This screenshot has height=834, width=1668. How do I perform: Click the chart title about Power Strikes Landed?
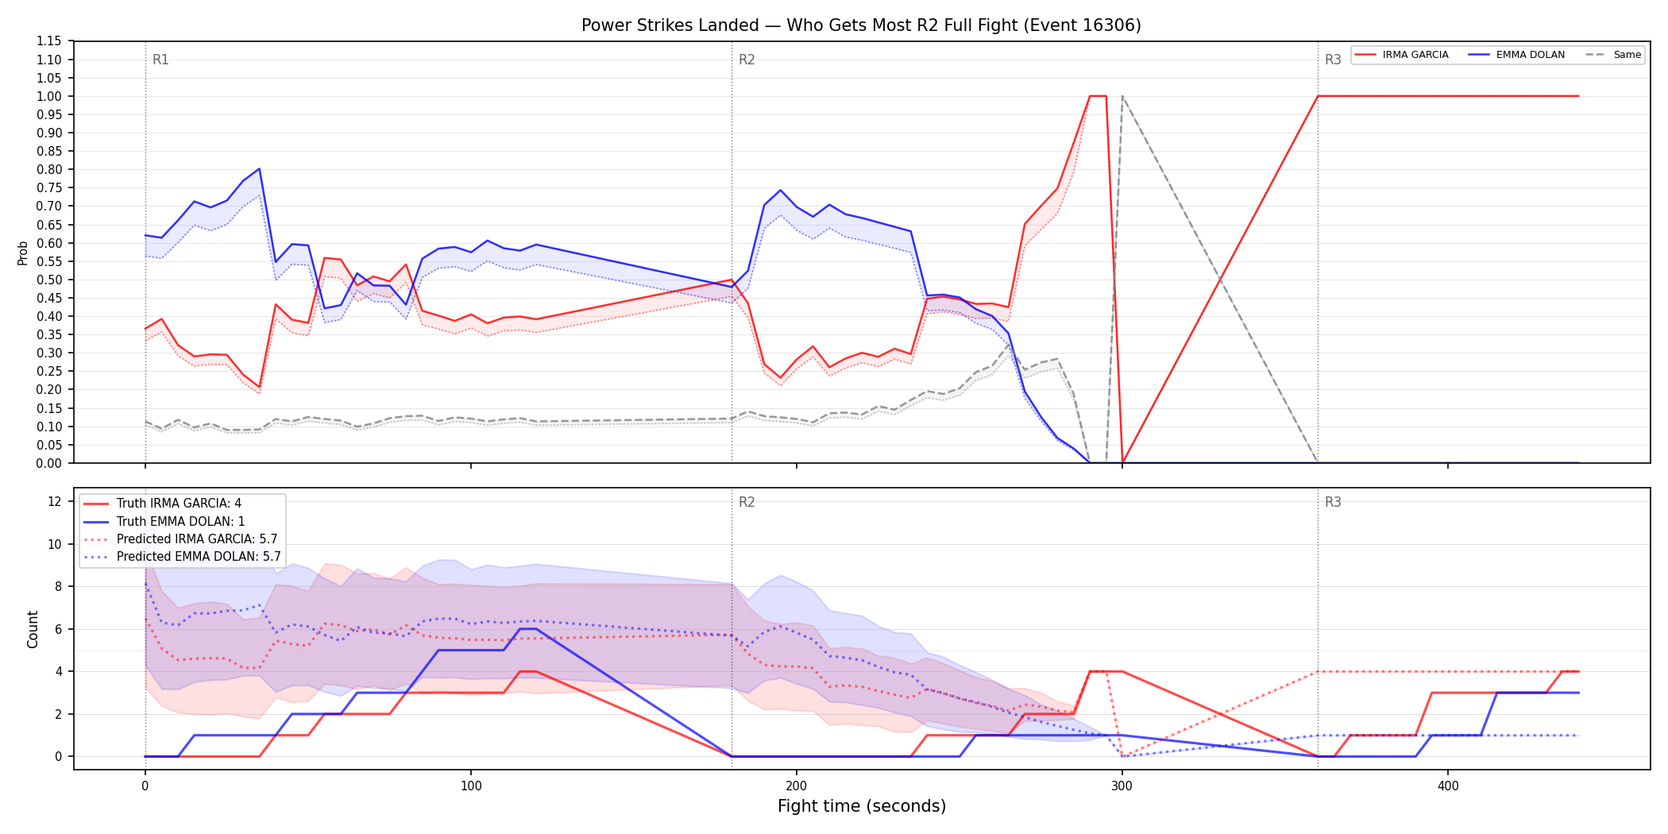[x=861, y=25]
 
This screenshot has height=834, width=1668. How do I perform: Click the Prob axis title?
[x=23, y=253]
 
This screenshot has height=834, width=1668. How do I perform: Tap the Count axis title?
[x=33, y=629]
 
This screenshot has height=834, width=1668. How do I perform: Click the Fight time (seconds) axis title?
[x=862, y=806]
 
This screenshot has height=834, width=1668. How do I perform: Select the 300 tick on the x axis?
[x=1122, y=786]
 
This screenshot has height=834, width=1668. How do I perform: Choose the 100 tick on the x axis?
[x=471, y=786]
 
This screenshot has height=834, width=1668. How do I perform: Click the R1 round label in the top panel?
[x=160, y=60]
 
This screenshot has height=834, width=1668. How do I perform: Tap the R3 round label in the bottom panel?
[x=1333, y=502]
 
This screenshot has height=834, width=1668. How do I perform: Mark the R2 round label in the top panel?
[x=747, y=60]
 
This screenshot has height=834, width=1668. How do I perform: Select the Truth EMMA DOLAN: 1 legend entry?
[x=180, y=521]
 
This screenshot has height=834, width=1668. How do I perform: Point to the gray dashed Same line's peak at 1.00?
[x=1122, y=96]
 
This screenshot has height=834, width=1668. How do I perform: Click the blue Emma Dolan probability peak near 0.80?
[x=260, y=168]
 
